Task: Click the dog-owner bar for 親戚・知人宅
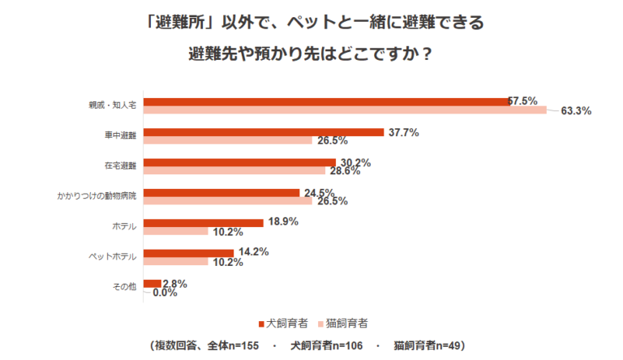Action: point(325,101)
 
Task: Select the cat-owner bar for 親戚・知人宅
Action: point(345,110)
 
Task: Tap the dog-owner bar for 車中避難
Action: point(263,132)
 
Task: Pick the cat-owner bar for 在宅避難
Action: point(234,171)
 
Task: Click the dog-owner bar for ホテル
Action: point(203,222)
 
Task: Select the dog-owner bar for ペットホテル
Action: point(188,252)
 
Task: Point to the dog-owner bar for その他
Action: point(152,283)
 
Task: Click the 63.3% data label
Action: point(576,111)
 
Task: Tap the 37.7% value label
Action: point(402,132)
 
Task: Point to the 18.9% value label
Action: point(283,222)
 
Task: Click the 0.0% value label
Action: point(165,293)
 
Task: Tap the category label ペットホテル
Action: point(112,256)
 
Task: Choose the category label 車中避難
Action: point(120,135)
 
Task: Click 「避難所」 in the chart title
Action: point(178,23)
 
